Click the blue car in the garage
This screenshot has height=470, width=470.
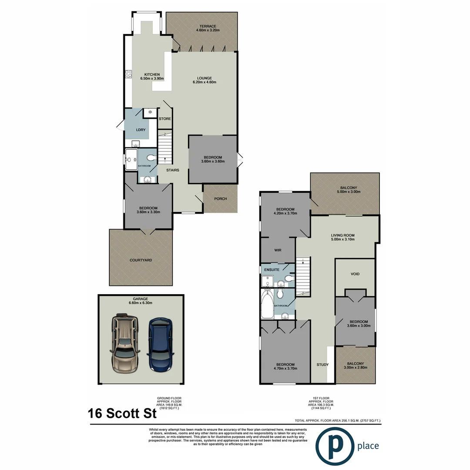160,345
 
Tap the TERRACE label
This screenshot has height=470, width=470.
206,26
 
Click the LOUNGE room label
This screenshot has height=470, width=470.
204,78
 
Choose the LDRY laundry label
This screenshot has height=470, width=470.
140,130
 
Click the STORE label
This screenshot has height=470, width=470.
164,118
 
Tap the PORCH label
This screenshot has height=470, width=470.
221,199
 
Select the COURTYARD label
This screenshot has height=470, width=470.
141,260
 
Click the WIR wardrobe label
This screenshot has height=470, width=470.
278,251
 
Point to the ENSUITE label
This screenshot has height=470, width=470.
272,270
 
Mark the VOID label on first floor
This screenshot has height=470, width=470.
355,274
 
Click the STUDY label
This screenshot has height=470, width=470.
322,365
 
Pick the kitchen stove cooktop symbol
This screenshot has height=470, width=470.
128,74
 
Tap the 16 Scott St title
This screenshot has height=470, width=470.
122,413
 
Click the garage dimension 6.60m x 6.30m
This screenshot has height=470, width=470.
141,303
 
